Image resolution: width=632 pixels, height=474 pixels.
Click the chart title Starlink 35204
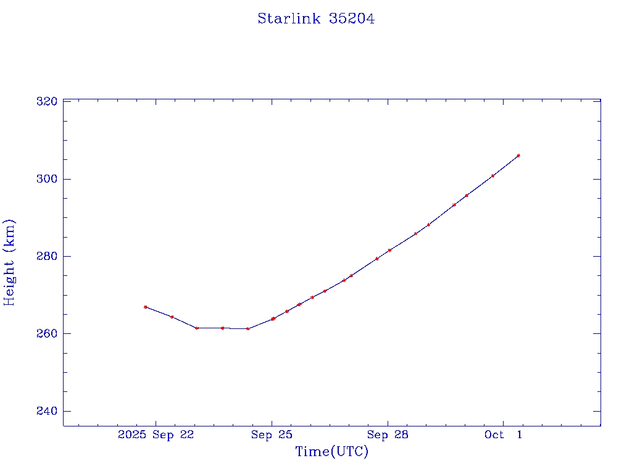point(316,19)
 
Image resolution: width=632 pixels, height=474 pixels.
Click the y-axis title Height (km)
point(9,262)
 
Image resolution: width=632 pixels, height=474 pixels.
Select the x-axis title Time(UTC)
point(332,452)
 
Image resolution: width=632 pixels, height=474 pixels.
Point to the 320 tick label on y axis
point(48,101)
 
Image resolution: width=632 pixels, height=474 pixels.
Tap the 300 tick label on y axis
point(48,179)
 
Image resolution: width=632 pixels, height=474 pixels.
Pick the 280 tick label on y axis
point(48,256)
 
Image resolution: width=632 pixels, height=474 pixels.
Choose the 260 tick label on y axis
point(48,334)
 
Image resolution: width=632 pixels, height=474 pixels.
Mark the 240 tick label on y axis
point(48,412)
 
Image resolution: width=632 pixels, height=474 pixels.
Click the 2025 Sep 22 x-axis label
point(156,435)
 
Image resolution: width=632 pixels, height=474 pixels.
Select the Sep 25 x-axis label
point(272,435)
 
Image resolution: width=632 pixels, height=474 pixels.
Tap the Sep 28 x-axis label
point(388,435)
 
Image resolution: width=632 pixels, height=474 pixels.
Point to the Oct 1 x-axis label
point(503,435)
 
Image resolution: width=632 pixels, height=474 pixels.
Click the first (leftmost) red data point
point(146,307)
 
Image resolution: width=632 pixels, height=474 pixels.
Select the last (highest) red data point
point(518,156)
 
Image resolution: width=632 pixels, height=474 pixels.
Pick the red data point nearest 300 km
point(493,176)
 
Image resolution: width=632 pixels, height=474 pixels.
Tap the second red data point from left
point(172,317)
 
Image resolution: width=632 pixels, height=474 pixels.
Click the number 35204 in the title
point(352,19)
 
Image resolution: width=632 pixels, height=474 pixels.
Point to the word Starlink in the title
point(289,19)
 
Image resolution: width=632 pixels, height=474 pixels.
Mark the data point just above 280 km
point(389,250)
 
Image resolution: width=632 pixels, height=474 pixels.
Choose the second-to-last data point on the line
point(493,176)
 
